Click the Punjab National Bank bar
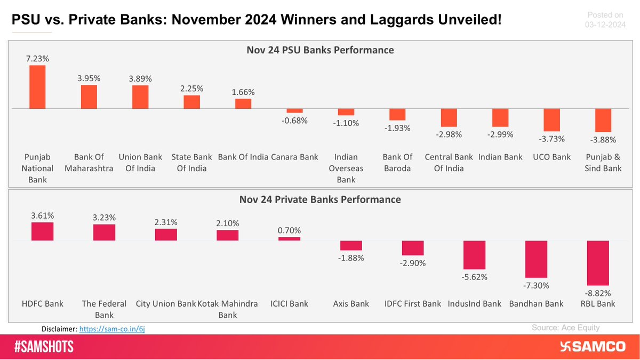37,87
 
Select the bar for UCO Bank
551,120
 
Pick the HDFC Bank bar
43,231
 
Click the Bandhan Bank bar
537,259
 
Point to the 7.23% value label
37,59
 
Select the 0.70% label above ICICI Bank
290,230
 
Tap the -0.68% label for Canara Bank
294,121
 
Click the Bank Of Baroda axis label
397,163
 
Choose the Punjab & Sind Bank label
603,163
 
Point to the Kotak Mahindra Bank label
228,309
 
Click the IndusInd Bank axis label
475,303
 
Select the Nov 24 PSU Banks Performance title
320,50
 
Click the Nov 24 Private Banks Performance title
320,200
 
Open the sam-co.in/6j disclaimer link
112,329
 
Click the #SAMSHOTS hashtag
44,347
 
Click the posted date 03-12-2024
604,25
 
